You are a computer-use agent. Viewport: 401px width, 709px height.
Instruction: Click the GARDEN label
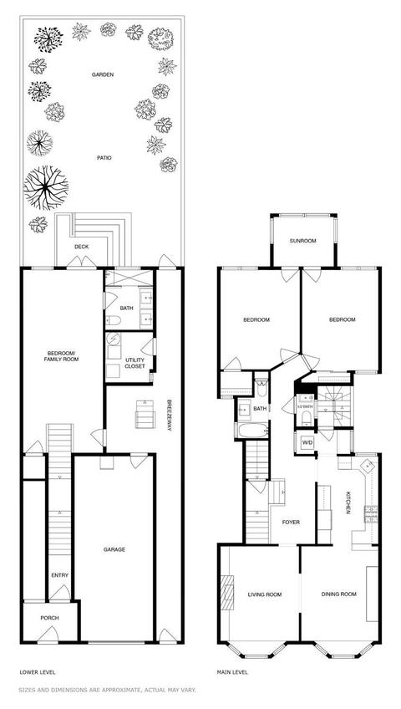(x=103, y=74)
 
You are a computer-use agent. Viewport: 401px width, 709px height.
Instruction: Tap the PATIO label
(x=104, y=158)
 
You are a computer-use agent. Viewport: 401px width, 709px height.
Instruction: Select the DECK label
(x=82, y=247)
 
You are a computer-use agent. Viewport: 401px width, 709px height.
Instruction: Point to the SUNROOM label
(x=302, y=241)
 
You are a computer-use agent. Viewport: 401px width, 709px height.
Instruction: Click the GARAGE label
(x=114, y=549)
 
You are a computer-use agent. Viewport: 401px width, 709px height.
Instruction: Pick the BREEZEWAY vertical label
(x=169, y=415)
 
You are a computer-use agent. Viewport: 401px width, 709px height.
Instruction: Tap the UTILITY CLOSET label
(x=135, y=363)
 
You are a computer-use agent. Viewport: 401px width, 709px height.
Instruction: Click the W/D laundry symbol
(x=307, y=442)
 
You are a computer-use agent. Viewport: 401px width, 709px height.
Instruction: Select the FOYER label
(x=291, y=523)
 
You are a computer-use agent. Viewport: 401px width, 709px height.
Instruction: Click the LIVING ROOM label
(x=265, y=594)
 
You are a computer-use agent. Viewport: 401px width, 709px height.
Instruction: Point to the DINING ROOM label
(x=338, y=594)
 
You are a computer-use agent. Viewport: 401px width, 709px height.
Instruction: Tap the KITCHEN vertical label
(x=348, y=502)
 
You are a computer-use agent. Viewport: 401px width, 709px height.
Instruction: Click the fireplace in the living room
(x=227, y=592)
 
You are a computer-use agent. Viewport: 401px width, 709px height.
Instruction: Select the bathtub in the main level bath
(x=252, y=430)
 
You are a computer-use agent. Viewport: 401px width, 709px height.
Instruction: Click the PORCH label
(x=49, y=618)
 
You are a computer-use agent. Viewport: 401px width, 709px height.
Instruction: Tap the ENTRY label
(x=59, y=575)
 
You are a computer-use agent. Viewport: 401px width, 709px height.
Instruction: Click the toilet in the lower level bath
(x=113, y=320)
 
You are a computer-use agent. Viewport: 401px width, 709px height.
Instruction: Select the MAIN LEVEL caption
(x=232, y=672)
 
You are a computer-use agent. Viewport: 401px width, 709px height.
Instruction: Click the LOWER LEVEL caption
(x=38, y=672)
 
